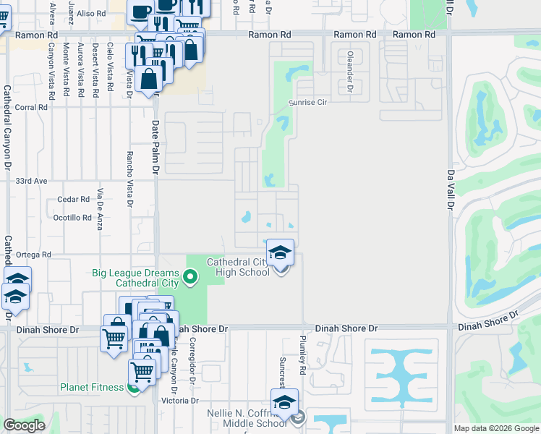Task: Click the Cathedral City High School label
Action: tap(238, 267)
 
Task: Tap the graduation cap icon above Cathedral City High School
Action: tap(281, 252)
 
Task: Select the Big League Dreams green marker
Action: tap(190, 275)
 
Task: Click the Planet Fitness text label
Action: tap(91, 387)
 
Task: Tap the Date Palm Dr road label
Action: tap(155, 148)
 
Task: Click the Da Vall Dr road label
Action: tap(450, 190)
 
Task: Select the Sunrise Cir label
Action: tap(312, 103)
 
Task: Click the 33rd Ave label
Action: tap(31, 181)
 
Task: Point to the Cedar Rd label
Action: tap(77, 200)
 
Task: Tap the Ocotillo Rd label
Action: tap(72, 217)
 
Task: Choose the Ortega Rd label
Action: tap(35, 255)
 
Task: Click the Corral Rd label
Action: tap(31, 107)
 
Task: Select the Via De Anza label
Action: tap(101, 209)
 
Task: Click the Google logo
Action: tap(24, 425)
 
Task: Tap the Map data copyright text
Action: tap(496, 428)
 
